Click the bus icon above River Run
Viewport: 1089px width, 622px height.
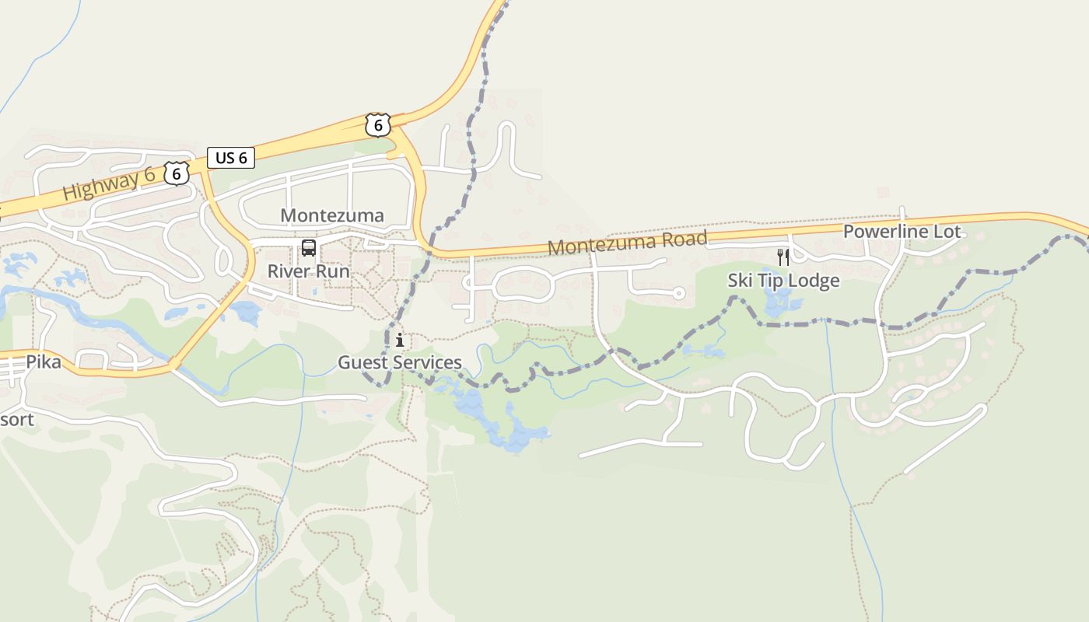point(309,249)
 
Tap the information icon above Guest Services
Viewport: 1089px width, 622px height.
point(400,340)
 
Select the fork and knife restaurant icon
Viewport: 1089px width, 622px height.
point(783,257)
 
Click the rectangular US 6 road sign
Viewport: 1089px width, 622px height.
point(231,158)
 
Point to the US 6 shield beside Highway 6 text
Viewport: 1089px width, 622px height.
point(177,173)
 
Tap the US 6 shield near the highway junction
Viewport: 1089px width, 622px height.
point(377,124)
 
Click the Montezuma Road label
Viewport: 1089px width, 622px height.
point(628,242)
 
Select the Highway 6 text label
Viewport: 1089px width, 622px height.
point(109,184)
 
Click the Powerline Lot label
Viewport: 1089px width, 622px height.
point(902,232)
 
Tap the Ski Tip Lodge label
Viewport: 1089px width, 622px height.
point(783,281)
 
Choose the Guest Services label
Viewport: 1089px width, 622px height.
point(399,362)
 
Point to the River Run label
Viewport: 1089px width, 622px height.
point(309,271)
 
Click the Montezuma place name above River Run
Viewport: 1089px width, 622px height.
point(332,215)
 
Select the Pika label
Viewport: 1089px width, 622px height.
point(44,362)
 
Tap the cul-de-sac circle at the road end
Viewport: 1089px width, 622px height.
point(678,293)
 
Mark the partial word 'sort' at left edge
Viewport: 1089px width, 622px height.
point(17,420)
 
